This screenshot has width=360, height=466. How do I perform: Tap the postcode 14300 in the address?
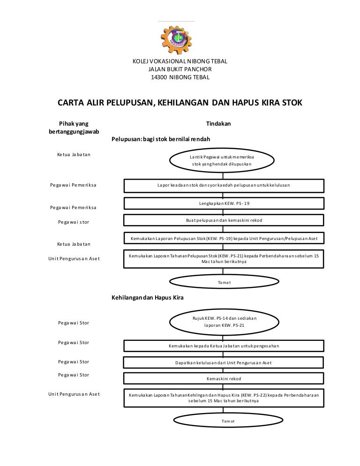pyautogui.click(x=159, y=77)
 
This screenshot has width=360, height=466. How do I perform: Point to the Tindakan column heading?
pyautogui.click(x=218, y=123)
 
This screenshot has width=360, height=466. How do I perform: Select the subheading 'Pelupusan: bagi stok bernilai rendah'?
pyautogui.click(x=160, y=139)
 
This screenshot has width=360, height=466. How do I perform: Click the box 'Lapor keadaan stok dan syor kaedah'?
pyautogui.click(x=224, y=185)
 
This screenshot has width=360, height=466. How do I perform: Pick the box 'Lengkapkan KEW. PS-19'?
pyautogui.click(x=224, y=203)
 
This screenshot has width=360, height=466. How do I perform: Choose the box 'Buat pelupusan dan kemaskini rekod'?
pyautogui.click(x=224, y=220)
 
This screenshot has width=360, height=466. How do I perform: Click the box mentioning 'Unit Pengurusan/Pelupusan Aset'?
pyautogui.click(x=224, y=239)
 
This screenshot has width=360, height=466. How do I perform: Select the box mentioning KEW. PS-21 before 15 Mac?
pyautogui.click(x=224, y=259)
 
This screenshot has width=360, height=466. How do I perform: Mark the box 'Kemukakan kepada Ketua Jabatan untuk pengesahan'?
pyautogui.click(x=224, y=346)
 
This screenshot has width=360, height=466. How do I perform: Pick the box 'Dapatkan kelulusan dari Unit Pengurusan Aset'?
pyautogui.click(x=224, y=363)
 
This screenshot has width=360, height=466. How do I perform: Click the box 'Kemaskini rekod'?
pyautogui.click(x=224, y=378)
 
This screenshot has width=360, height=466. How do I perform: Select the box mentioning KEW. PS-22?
pyautogui.click(x=224, y=398)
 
